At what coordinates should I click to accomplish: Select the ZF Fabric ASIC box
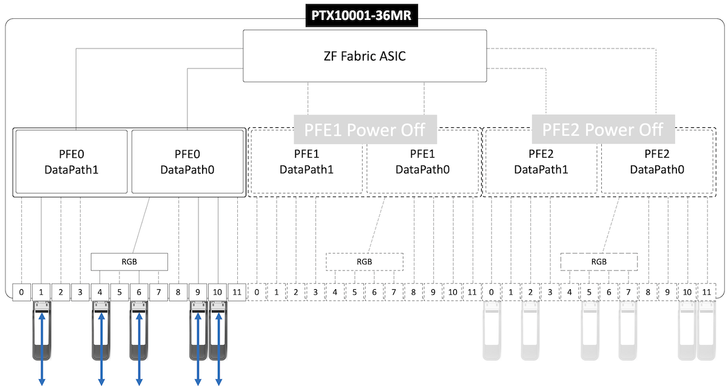coord(365,56)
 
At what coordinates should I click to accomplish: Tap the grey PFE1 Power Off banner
coord(365,130)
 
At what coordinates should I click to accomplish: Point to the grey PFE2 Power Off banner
coord(603,130)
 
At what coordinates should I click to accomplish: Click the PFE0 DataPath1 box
coord(71,161)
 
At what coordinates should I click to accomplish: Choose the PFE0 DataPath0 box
coord(187,161)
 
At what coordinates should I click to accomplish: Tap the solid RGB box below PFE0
coord(129,262)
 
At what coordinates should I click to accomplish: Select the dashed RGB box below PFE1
coord(365,262)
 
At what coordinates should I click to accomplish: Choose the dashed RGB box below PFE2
coord(599,262)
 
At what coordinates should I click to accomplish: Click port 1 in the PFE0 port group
coord(41,292)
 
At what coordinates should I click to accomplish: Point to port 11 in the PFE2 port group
coord(706,292)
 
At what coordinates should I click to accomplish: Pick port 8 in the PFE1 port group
coord(413,292)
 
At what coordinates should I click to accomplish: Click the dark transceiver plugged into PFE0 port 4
coord(101,333)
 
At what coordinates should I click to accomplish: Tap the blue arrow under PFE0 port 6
coord(140,349)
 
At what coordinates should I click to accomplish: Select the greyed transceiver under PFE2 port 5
coord(589,333)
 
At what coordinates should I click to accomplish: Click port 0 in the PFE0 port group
coord(22,292)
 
